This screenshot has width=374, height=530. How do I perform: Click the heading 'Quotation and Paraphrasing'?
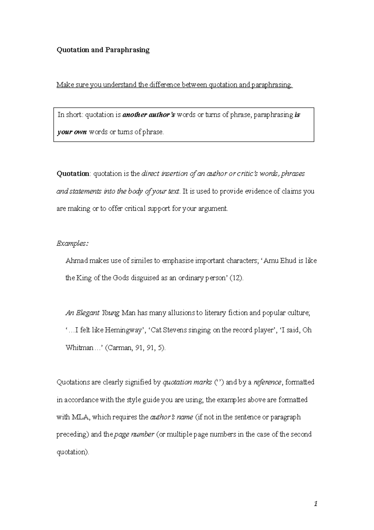tap(103, 50)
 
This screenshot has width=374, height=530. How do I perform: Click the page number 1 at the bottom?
tap(316, 503)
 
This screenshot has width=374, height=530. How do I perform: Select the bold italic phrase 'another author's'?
tap(149, 115)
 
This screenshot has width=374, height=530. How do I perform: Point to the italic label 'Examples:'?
tap(72, 243)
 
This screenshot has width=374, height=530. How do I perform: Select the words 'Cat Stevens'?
tap(168, 330)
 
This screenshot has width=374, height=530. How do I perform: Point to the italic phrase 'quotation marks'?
tap(187, 382)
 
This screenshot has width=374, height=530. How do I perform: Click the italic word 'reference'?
tap(267, 382)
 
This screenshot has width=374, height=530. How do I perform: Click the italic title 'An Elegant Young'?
tap(92, 313)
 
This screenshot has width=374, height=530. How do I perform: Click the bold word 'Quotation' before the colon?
tap(73, 174)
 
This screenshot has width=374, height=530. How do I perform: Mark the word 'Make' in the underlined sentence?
tap(64, 85)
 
